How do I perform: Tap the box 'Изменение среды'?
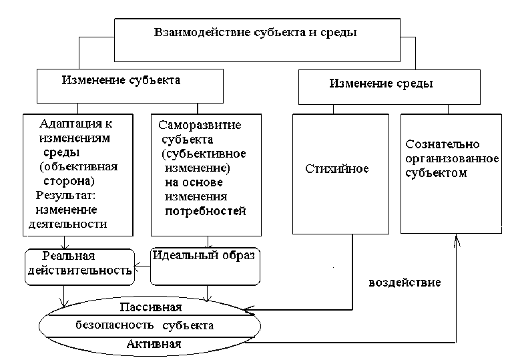click(x=381, y=84)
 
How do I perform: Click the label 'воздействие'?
click(x=405, y=282)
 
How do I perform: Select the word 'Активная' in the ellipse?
click(x=154, y=343)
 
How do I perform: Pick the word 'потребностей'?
click(x=206, y=211)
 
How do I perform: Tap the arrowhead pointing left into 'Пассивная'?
click(x=249, y=310)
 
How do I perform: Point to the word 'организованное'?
click(x=453, y=159)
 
